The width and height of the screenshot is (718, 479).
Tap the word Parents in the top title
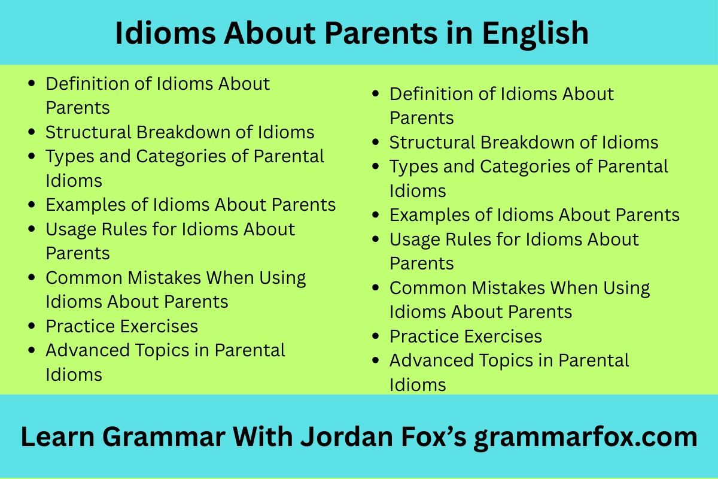381,34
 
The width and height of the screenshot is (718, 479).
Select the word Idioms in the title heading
165,34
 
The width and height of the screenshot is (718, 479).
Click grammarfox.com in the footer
586,438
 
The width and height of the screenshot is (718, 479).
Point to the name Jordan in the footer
346,436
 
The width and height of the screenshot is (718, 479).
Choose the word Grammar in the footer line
164,436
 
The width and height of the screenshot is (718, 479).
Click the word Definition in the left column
87,84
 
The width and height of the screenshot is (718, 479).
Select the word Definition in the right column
431,94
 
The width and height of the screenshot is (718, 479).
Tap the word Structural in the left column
89,132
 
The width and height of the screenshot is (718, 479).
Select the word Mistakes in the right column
508,288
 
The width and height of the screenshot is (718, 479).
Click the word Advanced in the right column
431,360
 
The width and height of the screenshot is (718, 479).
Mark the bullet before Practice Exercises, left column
31,326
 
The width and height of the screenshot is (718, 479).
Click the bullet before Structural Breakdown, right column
375,142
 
